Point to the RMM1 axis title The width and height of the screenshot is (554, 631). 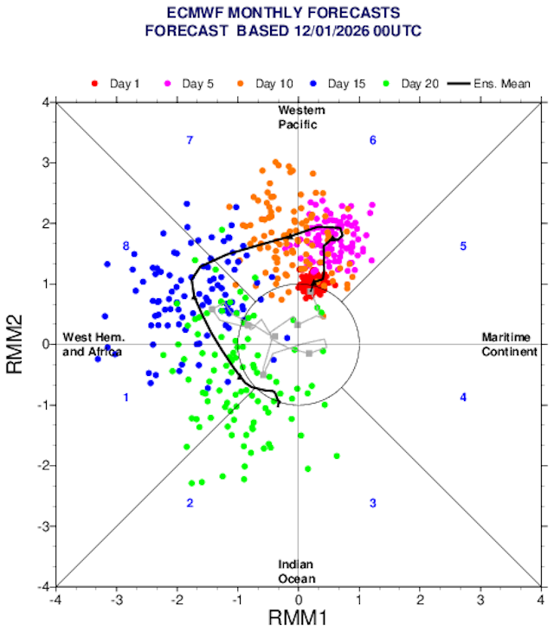pyautogui.click(x=298, y=618)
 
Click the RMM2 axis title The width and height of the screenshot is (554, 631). pyautogui.click(x=16, y=344)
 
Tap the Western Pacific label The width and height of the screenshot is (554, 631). pyautogui.click(x=298, y=118)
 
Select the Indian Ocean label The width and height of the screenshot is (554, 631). pyautogui.click(x=297, y=571)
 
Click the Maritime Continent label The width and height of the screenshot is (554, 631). pyautogui.click(x=509, y=344)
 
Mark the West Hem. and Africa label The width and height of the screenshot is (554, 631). pyautogui.click(x=93, y=344)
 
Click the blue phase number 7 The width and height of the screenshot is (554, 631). pyautogui.click(x=189, y=140)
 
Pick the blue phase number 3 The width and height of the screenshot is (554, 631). pyautogui.click(x=372, y=503)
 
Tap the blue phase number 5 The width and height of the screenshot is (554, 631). pyautogui.click(x=463, y=246)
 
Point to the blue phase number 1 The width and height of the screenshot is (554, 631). pyautogui.click(x=126, y=397)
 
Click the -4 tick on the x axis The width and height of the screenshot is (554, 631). pyautogui.click(x=56, y=597)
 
